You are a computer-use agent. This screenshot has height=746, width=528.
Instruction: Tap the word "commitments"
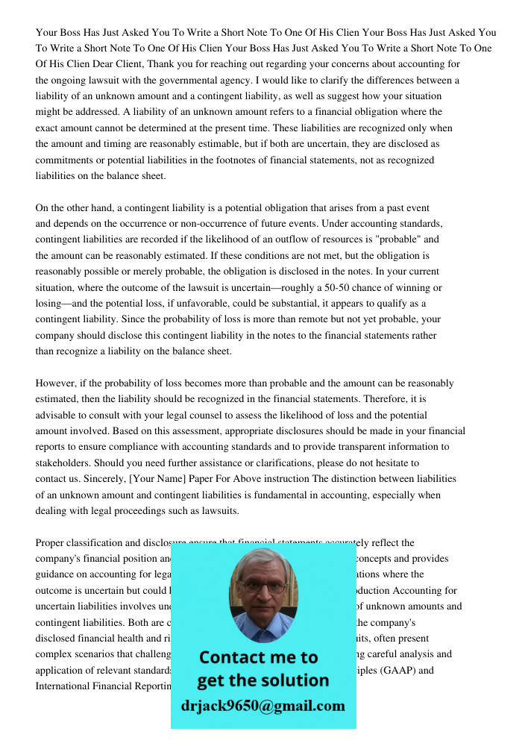(x=64, y=160)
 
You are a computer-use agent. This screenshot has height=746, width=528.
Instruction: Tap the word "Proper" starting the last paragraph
(x=51, y=543)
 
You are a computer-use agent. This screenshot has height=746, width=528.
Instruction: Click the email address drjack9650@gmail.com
(x=263, y=706)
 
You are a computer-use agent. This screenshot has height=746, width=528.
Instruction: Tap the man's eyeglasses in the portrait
(x=263, y=586)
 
